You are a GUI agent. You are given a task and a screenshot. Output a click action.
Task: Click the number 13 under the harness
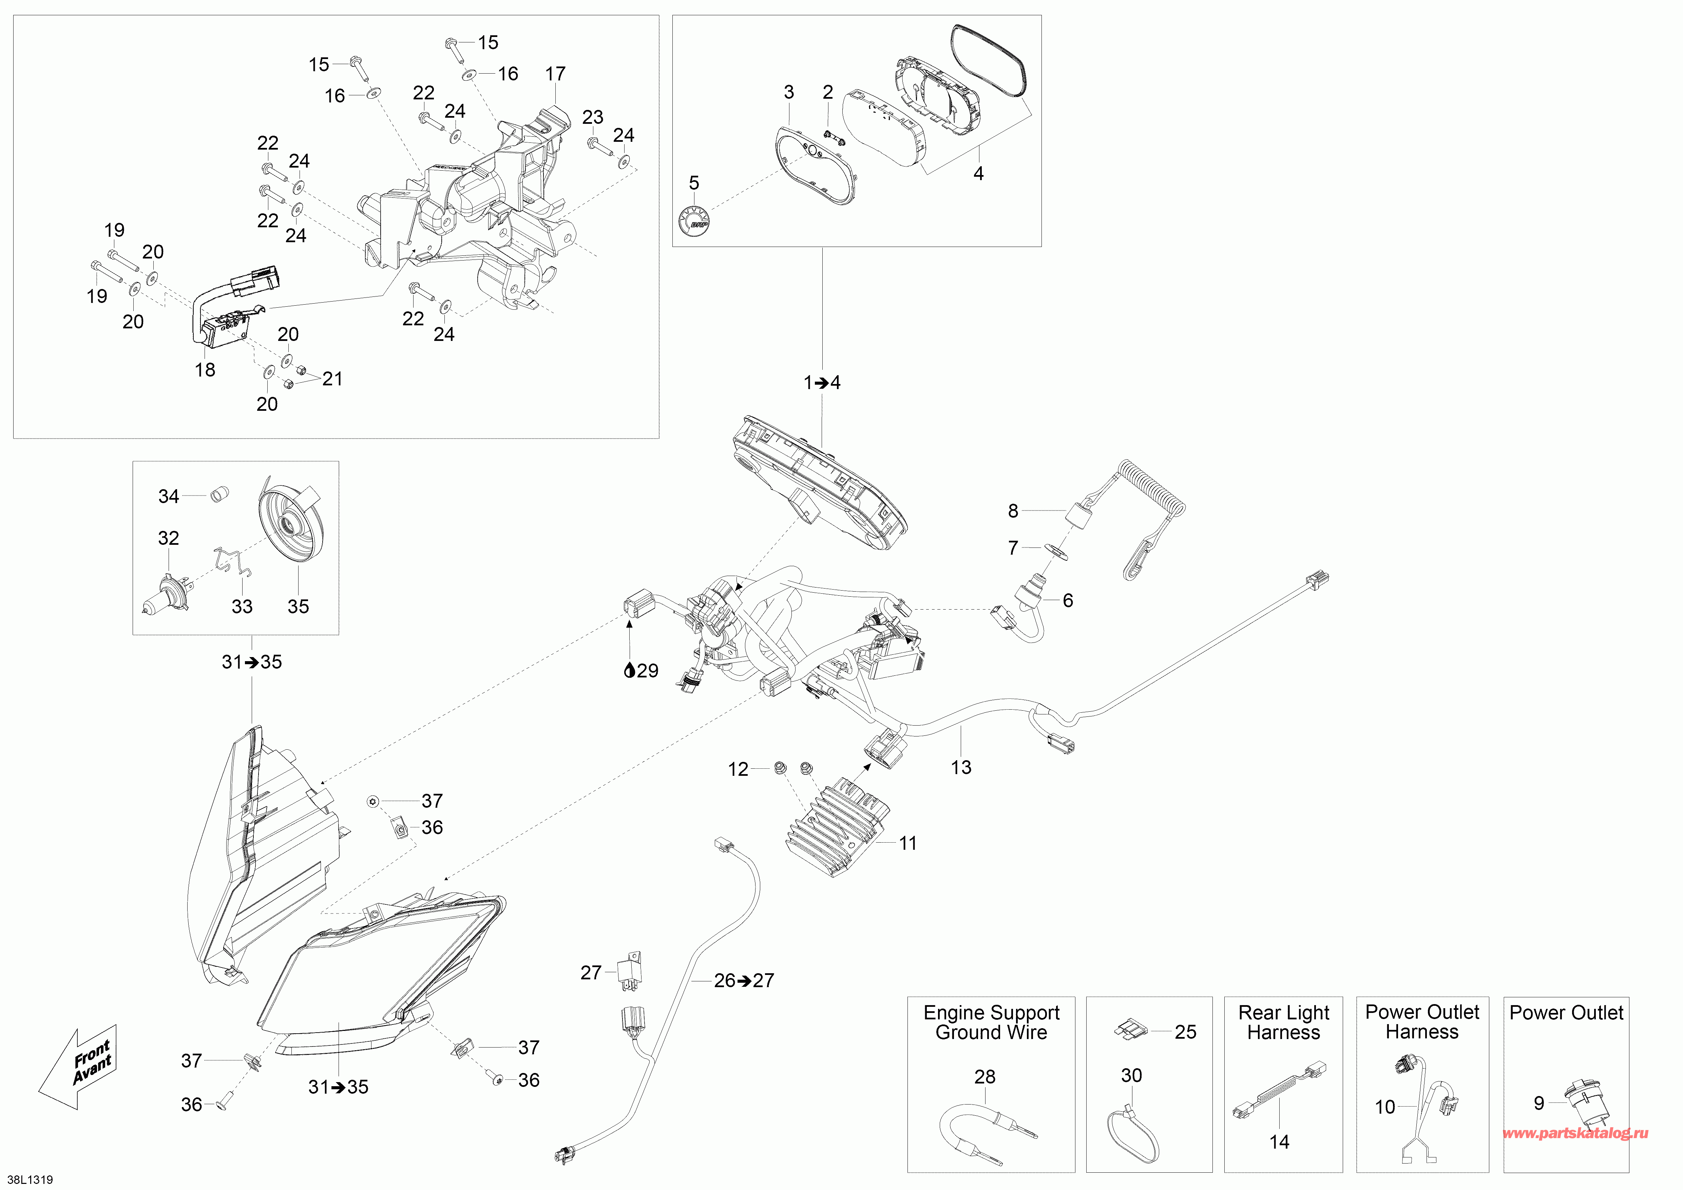click(961, 767)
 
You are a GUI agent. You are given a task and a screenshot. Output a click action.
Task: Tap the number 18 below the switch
click(205, 370)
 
